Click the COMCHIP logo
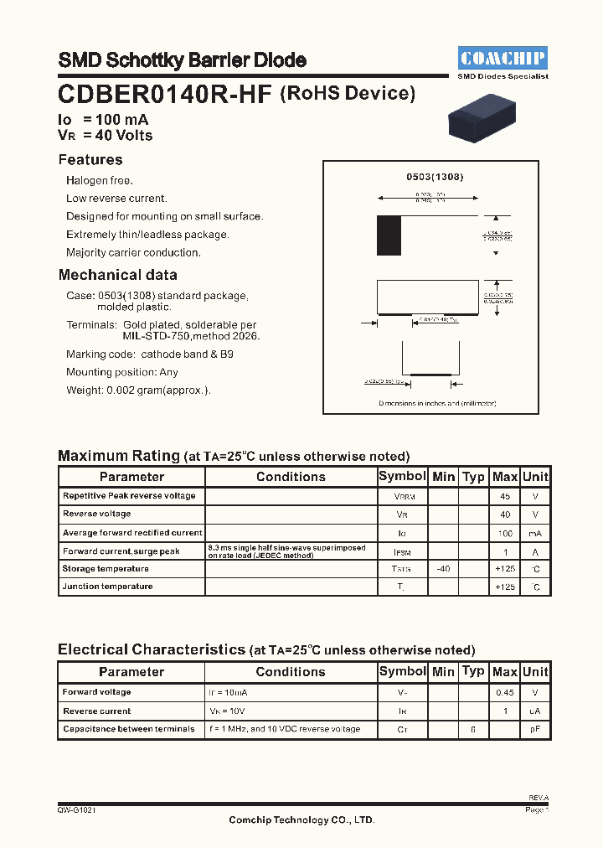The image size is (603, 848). (502, 58)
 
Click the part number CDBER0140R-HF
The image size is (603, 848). (165, 95)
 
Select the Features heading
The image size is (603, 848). (90, 160)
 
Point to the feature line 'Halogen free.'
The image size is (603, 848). (100, 180)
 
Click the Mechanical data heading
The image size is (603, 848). (117, 275)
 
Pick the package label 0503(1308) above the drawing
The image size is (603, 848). (435, 177)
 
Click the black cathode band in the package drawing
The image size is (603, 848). (389, 235)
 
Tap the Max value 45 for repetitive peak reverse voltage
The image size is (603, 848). (505, 496)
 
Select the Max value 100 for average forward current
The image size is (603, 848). (505, 533)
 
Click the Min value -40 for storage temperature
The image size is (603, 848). (443, 569)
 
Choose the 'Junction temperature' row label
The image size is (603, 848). (107, 587)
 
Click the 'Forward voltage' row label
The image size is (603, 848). (97, 692)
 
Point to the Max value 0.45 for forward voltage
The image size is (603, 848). (505, 692)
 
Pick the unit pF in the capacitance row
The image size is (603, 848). (535, 729)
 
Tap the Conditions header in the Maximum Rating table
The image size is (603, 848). (291, 477)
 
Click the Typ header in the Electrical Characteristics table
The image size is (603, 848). (473, 671)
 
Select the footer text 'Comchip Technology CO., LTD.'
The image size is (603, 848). (301, 820)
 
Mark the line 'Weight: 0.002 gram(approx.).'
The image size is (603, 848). (138, 390)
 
